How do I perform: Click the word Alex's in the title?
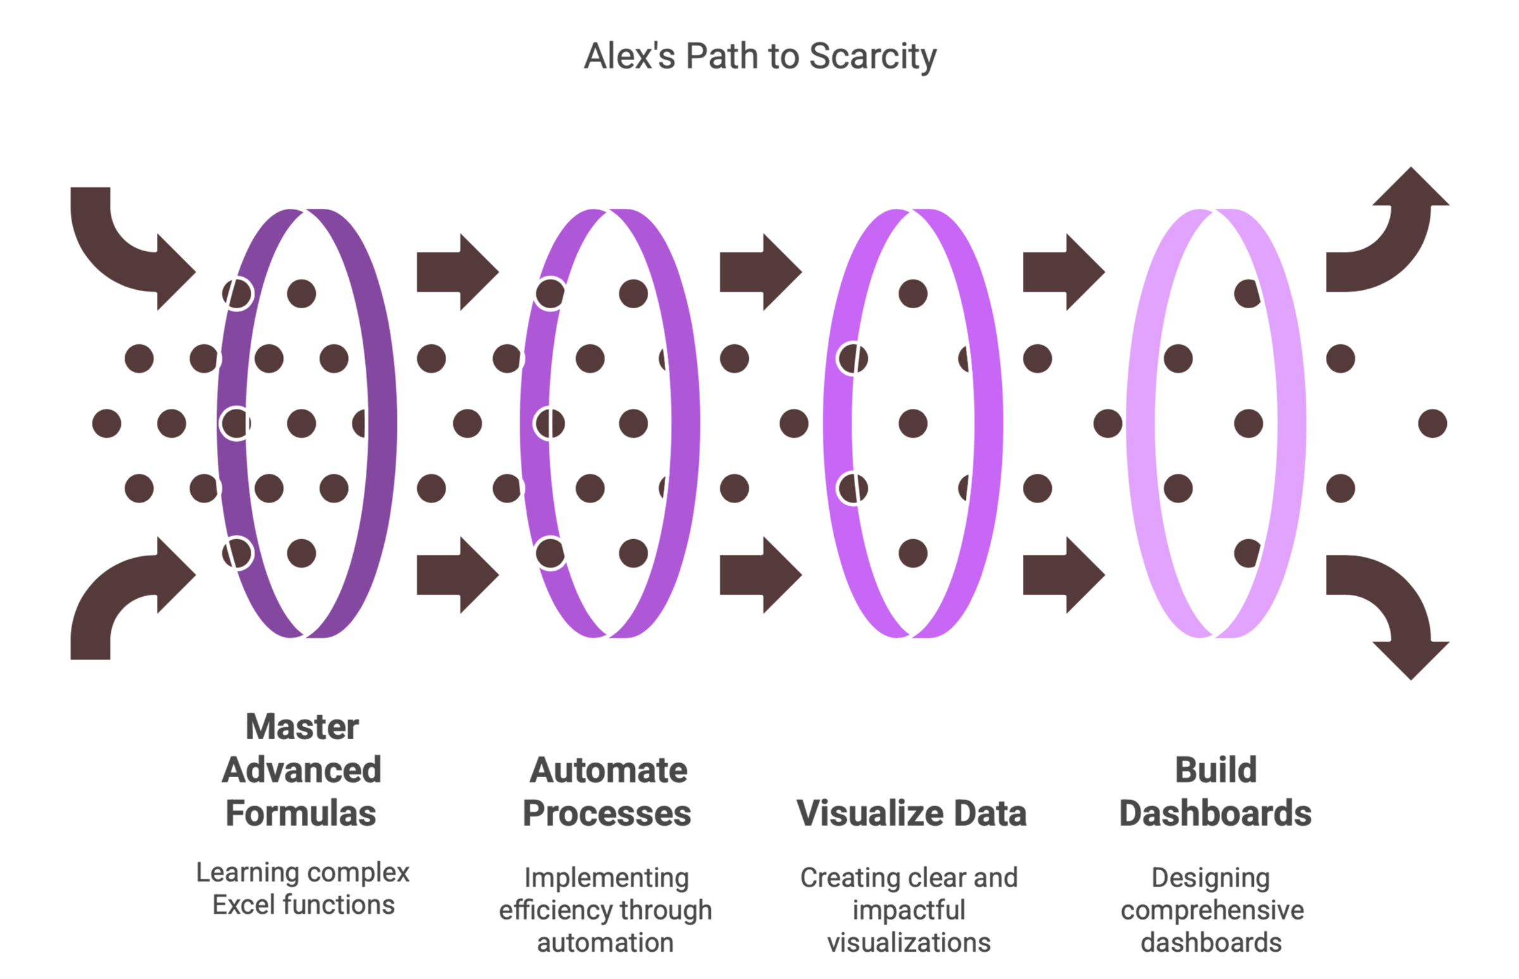point(630,56)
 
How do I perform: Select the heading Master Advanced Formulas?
point(301,770)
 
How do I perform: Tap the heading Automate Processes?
point(607,792)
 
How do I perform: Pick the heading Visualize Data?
point(911,813)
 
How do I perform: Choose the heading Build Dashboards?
point(1215,792)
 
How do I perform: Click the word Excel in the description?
point(245,904)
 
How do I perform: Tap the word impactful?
point(909,911)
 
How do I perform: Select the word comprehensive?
point(1212,911)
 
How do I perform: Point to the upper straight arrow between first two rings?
point(458,272)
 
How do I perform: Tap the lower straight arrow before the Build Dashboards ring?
point(1064,575)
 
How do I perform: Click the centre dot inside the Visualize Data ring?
point(913,423)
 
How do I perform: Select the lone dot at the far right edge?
point(1432,423)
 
